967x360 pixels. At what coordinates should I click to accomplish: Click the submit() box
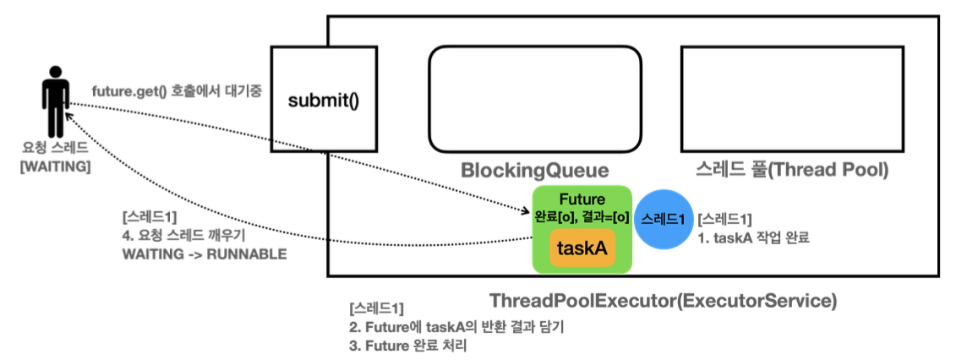pyautogui.click(x=324, y=101)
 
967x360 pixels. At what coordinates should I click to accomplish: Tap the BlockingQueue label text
pyautogui.click(x=534, y=171)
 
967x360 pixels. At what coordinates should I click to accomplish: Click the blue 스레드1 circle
pyautogui.click(x=664, y=219)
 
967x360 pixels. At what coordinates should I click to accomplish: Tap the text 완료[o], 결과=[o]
pyautogui.click(x=582, y=216)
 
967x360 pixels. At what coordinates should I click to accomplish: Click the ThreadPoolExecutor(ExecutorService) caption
pyautogui.click(x=663, y=301)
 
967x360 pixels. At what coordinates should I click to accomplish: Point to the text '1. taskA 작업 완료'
pyautogui.click(x=753, y=238)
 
